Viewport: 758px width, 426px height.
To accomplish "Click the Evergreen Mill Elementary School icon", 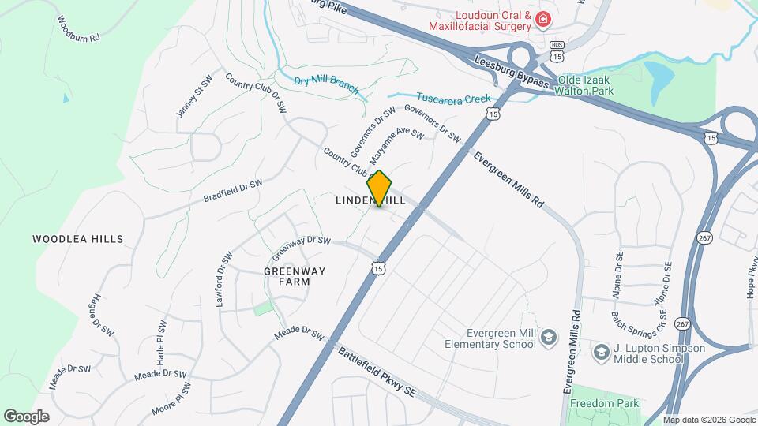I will tap(546, 338).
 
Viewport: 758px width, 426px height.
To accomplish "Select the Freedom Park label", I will tap(606, 404).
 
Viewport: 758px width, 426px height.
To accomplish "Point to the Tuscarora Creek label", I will tap(453, 99).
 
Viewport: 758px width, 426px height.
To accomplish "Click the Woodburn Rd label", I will tap(78, 28).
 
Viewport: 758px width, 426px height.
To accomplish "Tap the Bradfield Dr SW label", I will tap(232, 190).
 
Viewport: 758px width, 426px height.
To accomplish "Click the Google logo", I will tap(25, 416).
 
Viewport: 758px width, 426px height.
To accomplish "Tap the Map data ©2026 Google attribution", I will tap(708, 420).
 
